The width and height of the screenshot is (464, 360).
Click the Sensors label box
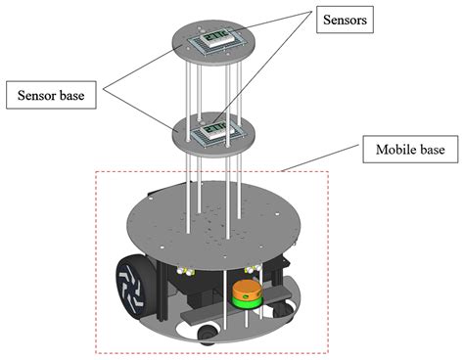pyautogui.click(x=345, y=20)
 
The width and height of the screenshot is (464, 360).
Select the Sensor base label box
pyautogui.click(x=51, y=95)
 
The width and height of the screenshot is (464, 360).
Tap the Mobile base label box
pyautogui.click(x=410, y=150)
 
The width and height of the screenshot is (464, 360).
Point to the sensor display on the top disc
pyautogui.click(x=218, y=38)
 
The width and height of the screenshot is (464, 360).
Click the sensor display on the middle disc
pyautogui.click(x=218, y=130)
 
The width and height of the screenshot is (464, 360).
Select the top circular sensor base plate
pyautogui.click(x=213, y=42)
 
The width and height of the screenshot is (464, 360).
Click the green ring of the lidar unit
pyautogui.click(x=248, y=301)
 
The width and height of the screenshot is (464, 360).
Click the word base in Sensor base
pyautogui.click(x=72, y=95)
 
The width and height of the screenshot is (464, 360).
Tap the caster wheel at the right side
pyautogui.click(x=283, y=309)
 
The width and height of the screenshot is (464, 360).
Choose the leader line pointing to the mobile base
pyautogui.click(x=321, y=157)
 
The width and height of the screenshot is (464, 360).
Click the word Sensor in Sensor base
pyautogui.click(x=37, y=95)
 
